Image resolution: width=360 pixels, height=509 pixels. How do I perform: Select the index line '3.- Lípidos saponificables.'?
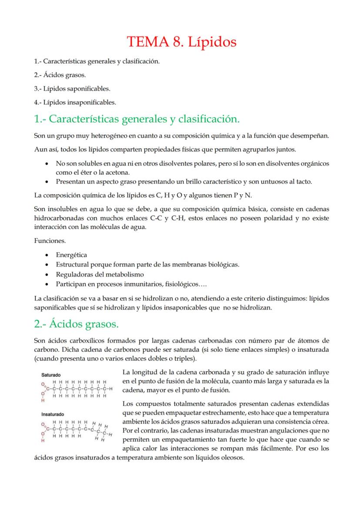(72, 89)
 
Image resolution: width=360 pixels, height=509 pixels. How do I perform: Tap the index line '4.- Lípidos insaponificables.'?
(75, 103)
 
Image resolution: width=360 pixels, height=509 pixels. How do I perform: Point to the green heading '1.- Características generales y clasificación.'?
(137, 119)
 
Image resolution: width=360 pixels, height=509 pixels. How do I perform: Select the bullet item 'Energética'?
(71, 255)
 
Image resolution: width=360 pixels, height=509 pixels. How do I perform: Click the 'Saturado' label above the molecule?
(51, 374)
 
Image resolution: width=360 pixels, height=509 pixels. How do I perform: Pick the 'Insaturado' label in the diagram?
(53, 414)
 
